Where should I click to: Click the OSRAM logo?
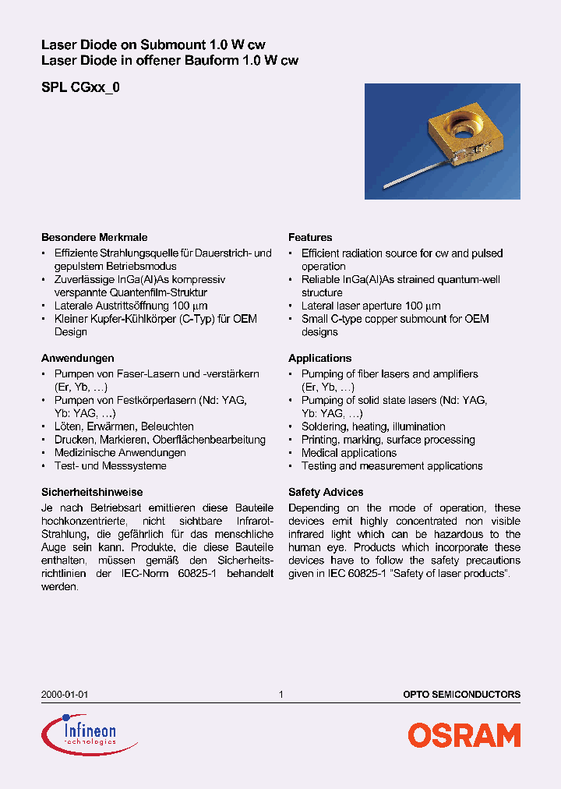tap(464, 735)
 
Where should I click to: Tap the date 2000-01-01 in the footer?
tap(58, 694)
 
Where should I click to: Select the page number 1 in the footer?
tap(280, 694)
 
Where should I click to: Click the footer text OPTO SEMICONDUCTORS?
tap(461, 694)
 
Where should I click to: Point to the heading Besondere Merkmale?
tap(94, 237)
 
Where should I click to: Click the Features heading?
tap(310, 237)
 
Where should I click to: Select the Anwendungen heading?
tap(78, 358)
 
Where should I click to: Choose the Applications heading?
tap(319, 358)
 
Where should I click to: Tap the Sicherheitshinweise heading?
tap(92, 492)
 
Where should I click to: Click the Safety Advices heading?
tap(326, 492)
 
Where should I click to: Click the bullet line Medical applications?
tap(348, 453)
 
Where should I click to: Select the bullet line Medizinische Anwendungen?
tap(120, 453)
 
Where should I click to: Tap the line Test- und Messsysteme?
tap(110, 466)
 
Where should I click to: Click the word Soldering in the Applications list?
tap(323, 426)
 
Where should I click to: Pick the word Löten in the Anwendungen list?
tap(69, 426)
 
